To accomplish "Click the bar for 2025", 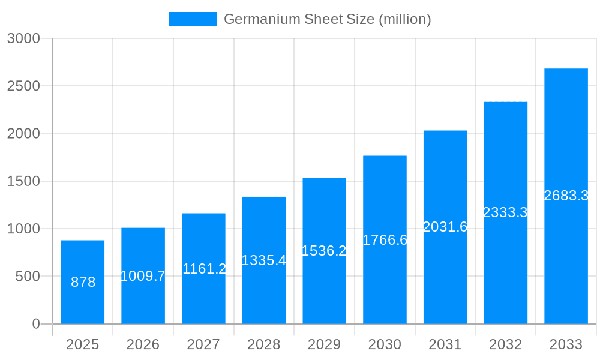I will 83,282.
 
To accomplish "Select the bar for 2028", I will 264,260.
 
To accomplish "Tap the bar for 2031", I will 445,227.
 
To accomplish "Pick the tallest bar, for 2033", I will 566,196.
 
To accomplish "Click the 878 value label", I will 83,282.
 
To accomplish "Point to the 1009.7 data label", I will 143,276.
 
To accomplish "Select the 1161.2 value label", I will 204,269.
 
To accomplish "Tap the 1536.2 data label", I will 324,251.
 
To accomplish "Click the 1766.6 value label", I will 385,240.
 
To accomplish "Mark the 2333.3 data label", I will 505,212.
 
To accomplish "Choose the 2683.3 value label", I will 566,196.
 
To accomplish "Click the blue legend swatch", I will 192,19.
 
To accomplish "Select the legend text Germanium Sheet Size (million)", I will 327,19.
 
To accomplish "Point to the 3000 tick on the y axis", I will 23,38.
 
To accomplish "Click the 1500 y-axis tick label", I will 23,181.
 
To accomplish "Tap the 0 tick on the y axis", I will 35,324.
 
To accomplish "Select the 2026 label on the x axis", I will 143,344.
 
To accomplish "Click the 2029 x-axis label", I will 324,344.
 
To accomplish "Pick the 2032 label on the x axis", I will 505,344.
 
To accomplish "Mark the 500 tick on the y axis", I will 27,276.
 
